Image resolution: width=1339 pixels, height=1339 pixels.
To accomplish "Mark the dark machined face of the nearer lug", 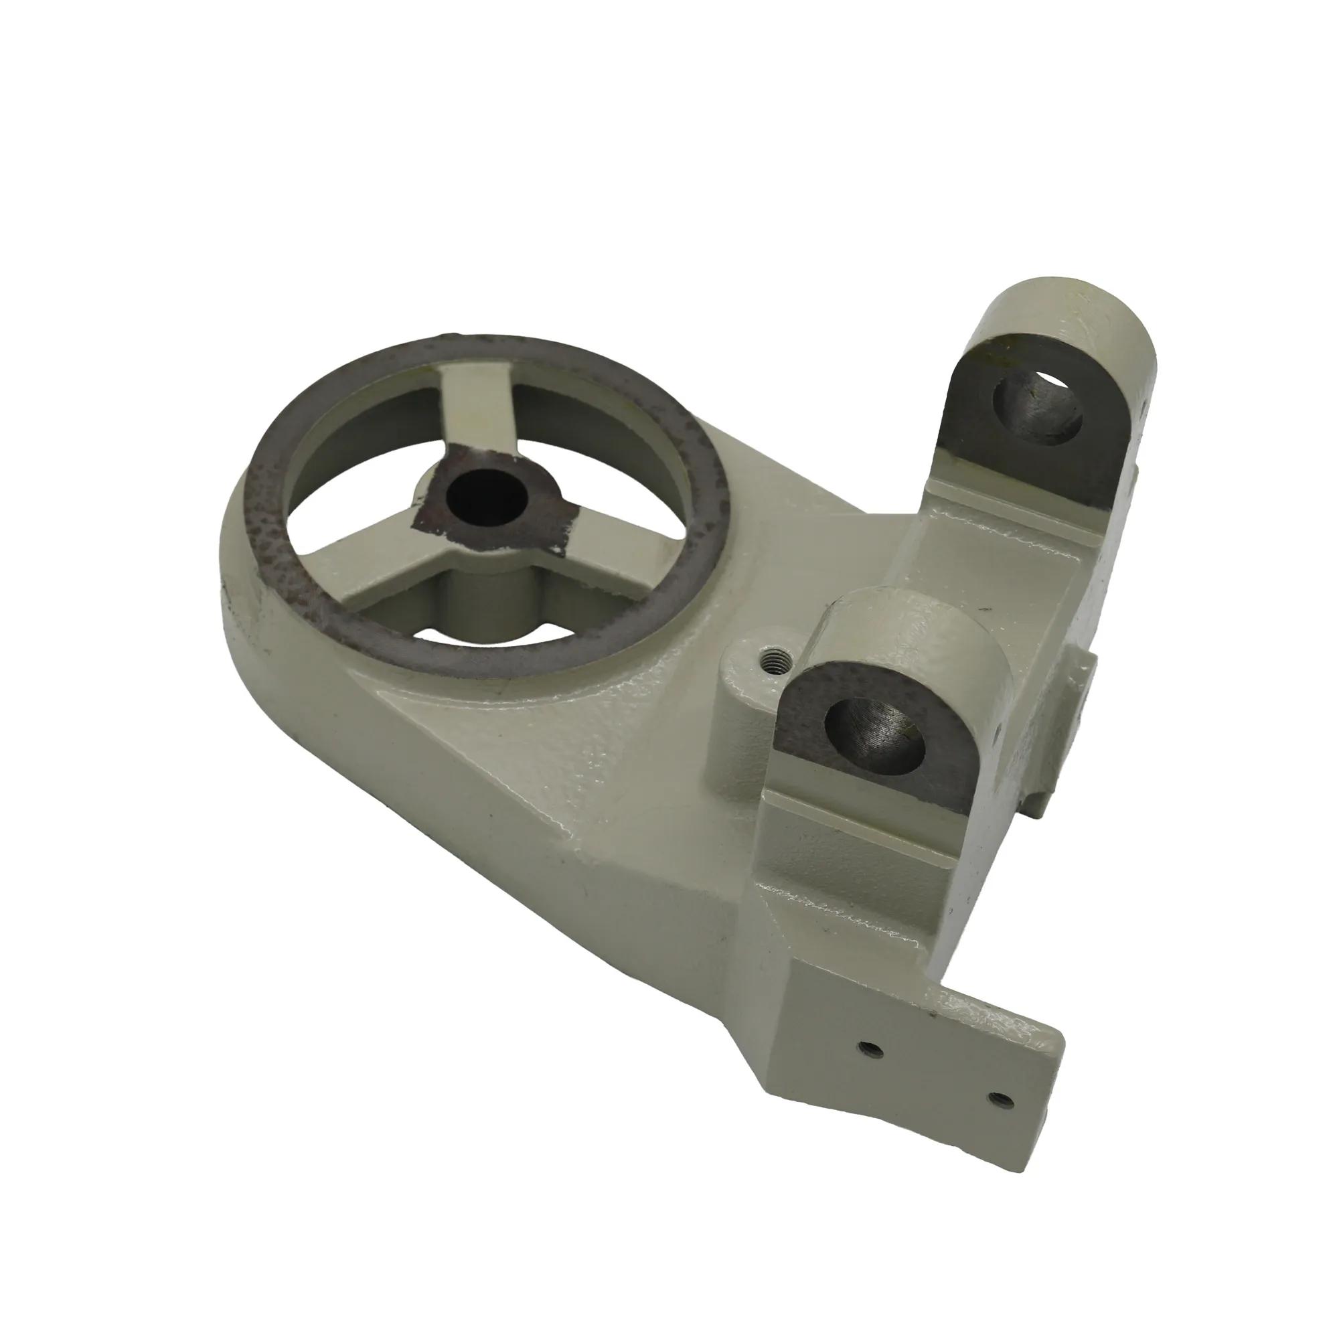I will point(804,721).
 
